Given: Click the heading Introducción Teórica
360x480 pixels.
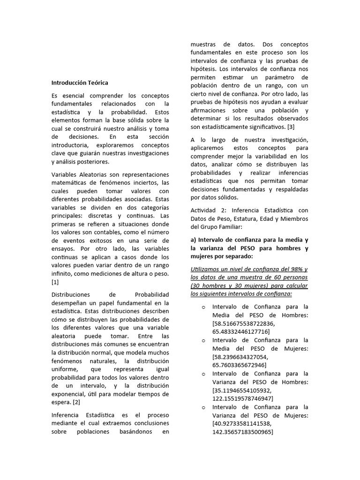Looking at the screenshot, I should [80, 82].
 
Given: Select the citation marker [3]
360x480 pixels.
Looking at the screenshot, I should [291, 127].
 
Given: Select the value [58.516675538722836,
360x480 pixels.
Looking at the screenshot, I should [244, 323].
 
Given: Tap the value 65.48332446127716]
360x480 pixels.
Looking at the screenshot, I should [240, 331].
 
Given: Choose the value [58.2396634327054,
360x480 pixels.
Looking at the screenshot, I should [240, 357].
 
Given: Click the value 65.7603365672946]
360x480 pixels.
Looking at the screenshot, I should [239, 365].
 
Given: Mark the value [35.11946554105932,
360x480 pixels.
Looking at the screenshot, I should [242, 390].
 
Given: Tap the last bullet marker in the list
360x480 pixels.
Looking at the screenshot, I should [204, 407].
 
